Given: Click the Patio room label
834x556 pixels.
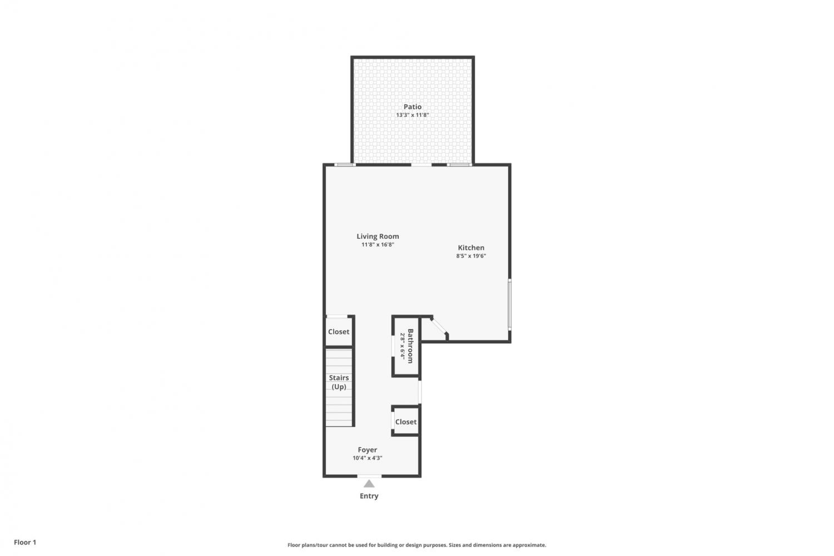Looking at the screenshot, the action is point(413,106).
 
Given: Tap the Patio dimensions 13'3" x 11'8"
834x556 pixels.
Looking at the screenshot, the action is point(413,115).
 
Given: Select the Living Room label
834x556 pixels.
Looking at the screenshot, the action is point(378,237).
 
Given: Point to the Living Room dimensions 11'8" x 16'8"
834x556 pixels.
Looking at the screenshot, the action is point(378,244).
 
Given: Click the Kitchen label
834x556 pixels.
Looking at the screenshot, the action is point(471,248).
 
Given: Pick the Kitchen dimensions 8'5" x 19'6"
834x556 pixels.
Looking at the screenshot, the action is point(471,255).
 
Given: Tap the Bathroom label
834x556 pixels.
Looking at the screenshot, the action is point(410,346).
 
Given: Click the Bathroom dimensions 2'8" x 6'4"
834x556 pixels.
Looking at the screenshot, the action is point(403,346).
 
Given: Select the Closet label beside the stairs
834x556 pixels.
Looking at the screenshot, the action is point(339,332).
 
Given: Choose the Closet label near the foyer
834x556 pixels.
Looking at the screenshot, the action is point(406,422).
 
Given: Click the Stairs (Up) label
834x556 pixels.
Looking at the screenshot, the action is point(339,382).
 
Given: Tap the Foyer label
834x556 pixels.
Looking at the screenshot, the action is point(368,450).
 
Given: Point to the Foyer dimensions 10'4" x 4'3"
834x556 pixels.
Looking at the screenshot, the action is point(368,458).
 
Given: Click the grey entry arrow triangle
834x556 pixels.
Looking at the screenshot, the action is point(369,484).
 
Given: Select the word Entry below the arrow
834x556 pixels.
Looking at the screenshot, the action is point(369,496).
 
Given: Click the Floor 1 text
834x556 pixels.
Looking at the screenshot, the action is point(25,542).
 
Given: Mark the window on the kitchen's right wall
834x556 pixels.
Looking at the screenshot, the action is point(510,304).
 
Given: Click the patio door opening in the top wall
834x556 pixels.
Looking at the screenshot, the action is point(421,165).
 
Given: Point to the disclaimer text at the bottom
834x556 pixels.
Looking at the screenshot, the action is point(416,545).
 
